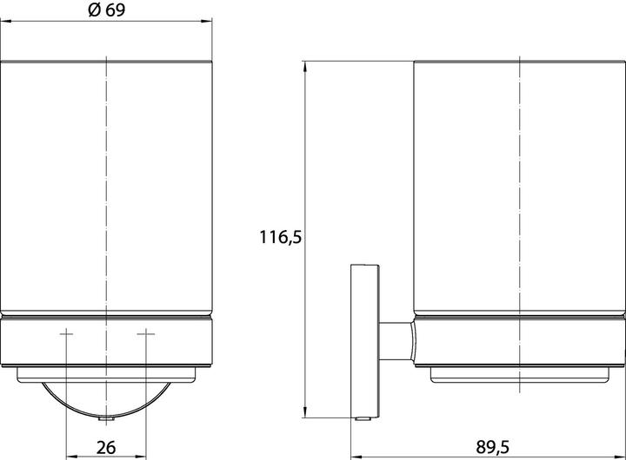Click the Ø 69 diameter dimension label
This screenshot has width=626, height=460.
click(107, 10)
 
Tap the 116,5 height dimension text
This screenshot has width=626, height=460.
click(281, 237)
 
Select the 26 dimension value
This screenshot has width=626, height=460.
click(106, 447)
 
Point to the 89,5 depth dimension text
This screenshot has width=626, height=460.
click(493, 447)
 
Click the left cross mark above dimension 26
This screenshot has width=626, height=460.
click(66, 333)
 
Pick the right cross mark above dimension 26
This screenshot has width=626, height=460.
click(146, 333)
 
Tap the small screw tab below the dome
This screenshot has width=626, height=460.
click(107, 419)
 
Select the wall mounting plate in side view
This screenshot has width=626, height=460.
click(364, 341)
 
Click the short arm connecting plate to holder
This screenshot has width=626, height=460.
click(396, 341)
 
